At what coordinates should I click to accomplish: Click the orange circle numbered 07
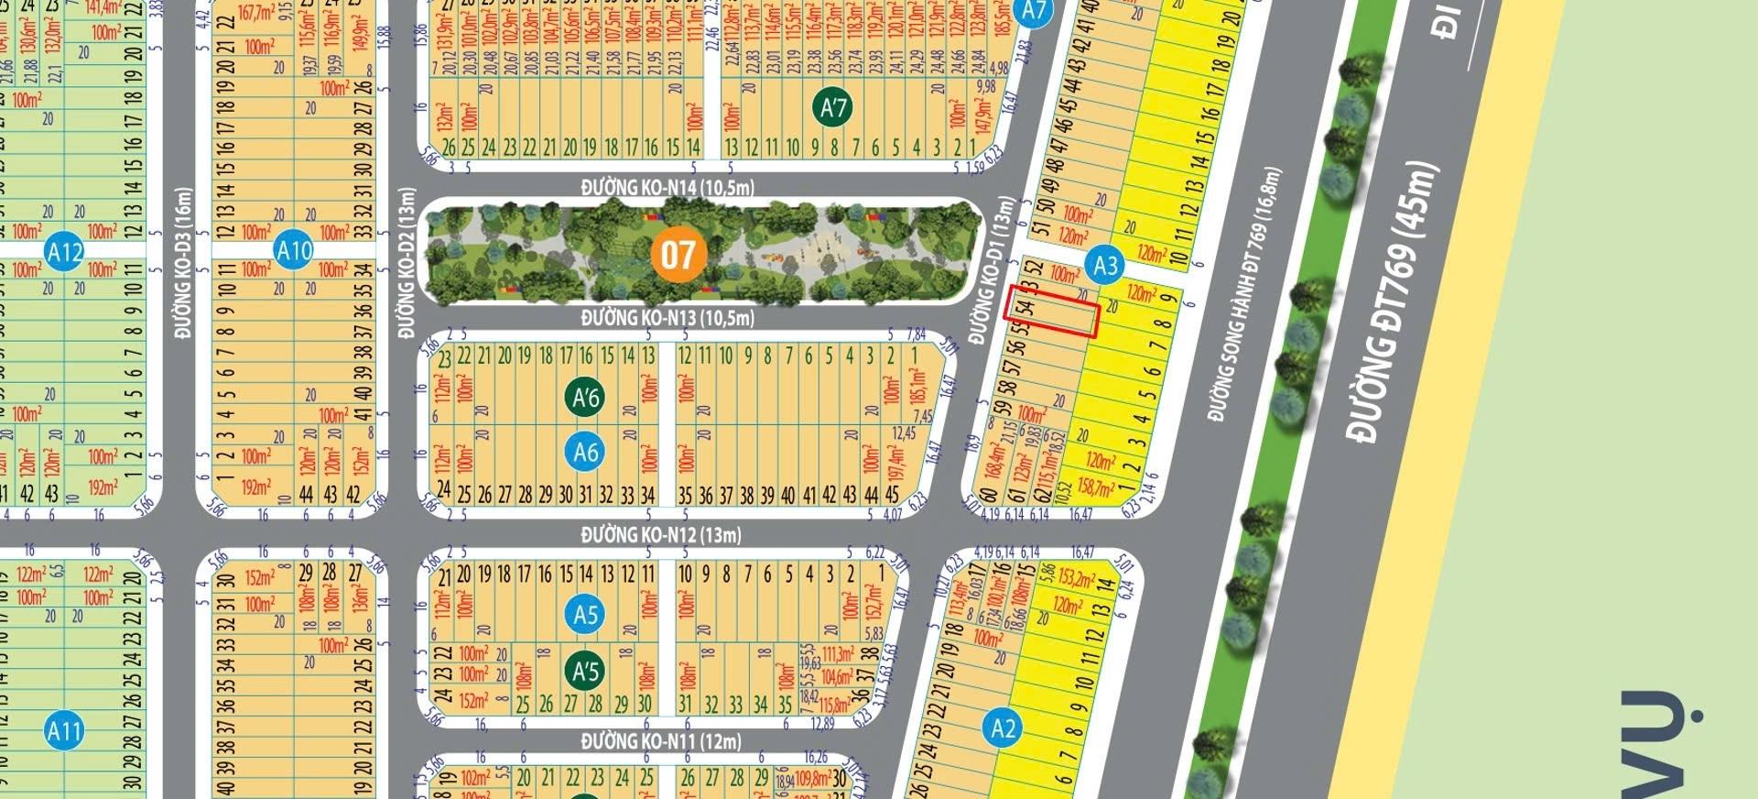point(678,254)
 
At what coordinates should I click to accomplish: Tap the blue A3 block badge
point(1105,266)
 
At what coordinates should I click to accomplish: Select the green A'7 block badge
point(832,108)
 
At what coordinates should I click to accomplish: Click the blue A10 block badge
point(294,250)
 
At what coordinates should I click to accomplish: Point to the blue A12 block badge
point(65,252)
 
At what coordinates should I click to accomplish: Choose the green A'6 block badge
point(585,397)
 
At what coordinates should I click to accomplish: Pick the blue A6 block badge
point(585,452)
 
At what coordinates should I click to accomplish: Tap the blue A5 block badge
point(585,614)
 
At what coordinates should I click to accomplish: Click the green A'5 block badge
point(585,671)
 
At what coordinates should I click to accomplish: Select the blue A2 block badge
point(1003,728)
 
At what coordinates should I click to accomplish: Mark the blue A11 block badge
point(65,731)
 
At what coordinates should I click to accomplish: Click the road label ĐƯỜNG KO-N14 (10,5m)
point(667,187)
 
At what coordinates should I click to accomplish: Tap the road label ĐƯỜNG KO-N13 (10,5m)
point(667,318)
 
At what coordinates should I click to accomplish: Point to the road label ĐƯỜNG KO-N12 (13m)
point(661,534)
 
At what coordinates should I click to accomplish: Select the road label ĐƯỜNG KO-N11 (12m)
point(661,740)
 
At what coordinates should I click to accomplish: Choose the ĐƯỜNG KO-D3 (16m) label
point(183,264)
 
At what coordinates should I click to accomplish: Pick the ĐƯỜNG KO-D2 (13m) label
point(407,264)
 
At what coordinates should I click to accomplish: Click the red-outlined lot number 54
point(1026,308)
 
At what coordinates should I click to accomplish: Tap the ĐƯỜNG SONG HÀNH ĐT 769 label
point(1244,295)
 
